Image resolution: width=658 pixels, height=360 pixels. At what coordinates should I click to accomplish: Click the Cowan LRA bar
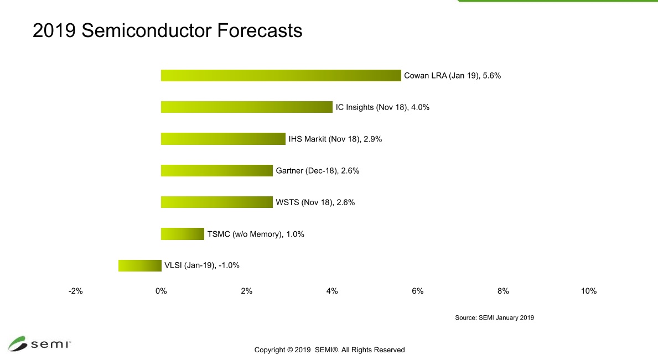tap(281, 76)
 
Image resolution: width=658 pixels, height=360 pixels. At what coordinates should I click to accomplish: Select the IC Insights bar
tap(246, 107)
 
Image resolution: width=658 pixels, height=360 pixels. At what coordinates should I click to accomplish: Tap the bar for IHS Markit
tap(223, 139)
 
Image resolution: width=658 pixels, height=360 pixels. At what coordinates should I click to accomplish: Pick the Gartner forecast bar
tap(216, 170)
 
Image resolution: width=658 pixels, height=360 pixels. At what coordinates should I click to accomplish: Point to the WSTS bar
tap(216, 202)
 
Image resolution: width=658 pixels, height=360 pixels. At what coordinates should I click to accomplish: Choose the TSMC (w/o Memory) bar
tap(182, 234)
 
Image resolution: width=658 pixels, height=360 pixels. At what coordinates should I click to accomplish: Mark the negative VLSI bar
tap(139, 265)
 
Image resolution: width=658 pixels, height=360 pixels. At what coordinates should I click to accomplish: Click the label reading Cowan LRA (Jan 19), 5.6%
tap(452, 76)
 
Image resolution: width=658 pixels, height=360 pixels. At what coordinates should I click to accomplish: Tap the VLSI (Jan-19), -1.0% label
tap(202, 265)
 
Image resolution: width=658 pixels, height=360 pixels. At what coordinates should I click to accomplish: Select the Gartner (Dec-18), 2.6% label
tap(318, 171)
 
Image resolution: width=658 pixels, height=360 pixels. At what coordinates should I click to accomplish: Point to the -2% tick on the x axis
tap(75, 291)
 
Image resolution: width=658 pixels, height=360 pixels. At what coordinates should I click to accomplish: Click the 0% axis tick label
tap(161, 291)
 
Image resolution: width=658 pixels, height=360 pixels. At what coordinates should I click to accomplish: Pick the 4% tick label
tap(332, 291)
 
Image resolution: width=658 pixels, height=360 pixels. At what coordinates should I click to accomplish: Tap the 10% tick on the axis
tap(588, 291)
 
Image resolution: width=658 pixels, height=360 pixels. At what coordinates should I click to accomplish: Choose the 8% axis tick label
tap(503, 291)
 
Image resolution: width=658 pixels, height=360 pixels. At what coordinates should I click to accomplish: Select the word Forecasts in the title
tap(259, 30)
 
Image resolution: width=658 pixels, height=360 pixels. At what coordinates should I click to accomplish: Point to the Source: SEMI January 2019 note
tap(494, 318)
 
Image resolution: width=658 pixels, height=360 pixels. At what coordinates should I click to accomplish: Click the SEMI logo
tap(39, 343)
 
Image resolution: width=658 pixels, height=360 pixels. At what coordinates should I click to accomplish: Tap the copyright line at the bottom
tap(329, 350)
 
